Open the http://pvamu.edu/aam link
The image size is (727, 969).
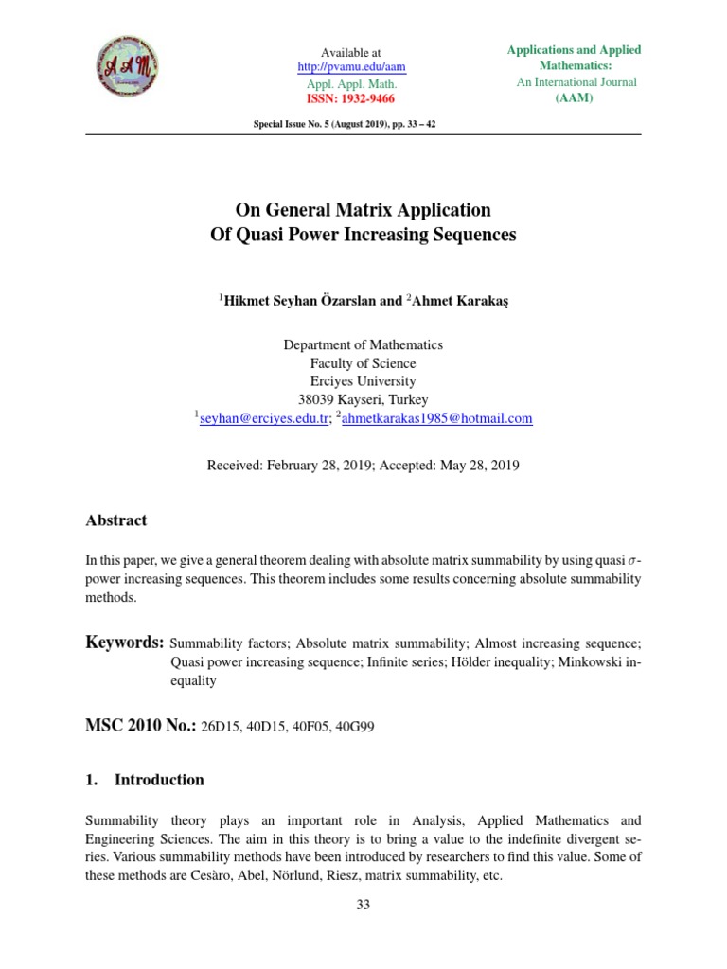[x=351, y=67]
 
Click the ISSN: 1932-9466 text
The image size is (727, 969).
[x=351, y=98]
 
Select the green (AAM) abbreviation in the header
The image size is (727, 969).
[x=576, y=98]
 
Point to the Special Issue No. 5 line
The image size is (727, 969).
[x=344, y=125]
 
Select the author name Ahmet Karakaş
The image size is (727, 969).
[x=459, y=300]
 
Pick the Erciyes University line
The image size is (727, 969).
[x=363, y=381]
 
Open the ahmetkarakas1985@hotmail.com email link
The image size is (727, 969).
[x=437, y=418]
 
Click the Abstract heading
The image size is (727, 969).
[x=116, y=520]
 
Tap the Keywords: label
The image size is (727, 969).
[x=125, y=643]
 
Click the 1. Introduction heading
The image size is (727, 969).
[x=145, y=780]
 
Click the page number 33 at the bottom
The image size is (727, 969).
[x=363, y=905]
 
